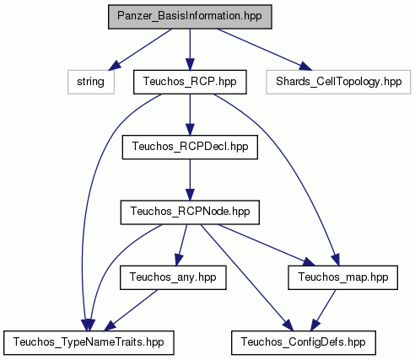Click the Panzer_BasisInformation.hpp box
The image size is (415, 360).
[x=190, y=17]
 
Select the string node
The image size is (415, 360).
[x=91, y=82]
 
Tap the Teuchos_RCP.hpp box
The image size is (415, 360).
[x=190, y=82]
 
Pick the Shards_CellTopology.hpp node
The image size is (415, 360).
[x=338, y=82]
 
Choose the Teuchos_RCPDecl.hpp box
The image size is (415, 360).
[x=190, y=147]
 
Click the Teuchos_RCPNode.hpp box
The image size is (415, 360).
[x=190, y=212]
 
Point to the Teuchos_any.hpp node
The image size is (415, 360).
[x=173, y=277]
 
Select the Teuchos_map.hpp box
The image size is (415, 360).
[x=342, y=277]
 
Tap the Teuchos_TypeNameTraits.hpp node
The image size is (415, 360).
[x=89, y=342]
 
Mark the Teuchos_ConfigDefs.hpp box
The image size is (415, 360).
[x=304, y=342]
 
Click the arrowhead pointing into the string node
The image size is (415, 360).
[x=115, y=65]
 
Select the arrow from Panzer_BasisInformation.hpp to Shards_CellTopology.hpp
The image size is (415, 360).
[x=264, y=50]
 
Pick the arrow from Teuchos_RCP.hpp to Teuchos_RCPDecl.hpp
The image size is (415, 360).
[x=190, y=115]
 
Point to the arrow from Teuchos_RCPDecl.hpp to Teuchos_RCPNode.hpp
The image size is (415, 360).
[x=190, y=180]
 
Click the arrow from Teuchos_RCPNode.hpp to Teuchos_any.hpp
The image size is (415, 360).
[x=181, y=245]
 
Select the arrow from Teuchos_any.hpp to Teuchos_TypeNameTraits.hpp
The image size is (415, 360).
[x=131, y=310]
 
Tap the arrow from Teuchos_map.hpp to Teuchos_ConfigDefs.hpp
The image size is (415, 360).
[x=323, y=310]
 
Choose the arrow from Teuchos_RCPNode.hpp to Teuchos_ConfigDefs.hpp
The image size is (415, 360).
[x=247, y=277]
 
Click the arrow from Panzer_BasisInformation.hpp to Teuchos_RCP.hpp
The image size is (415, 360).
[x=190, y=50]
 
